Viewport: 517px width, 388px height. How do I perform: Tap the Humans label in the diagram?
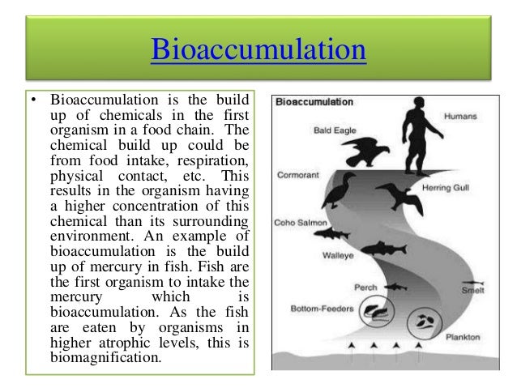pyautogui.click(x=459, y=116)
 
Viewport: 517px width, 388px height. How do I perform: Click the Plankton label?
pyautogui.click(x=468, y=335)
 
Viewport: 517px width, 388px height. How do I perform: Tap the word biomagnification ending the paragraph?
pyautogui.click(x=98, y=352)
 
